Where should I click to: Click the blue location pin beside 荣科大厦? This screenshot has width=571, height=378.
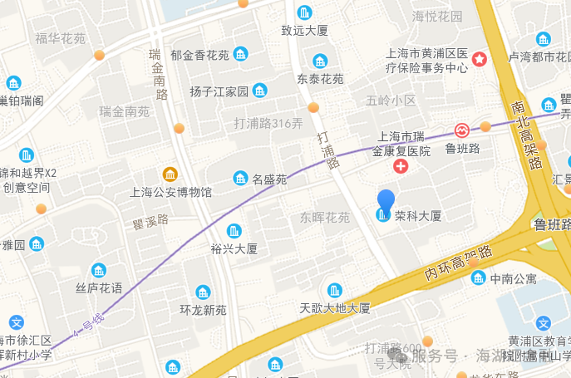pos(386,203)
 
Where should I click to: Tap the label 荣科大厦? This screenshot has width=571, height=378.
pos(418,216)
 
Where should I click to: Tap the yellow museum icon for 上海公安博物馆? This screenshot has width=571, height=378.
pos(170,174)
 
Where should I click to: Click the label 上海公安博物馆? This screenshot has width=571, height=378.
pos(171,192)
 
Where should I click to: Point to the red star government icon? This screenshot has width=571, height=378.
pos(480,59)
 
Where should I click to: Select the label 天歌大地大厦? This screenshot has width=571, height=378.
pos(335,308)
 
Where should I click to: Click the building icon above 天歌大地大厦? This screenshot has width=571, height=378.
pos(334,290)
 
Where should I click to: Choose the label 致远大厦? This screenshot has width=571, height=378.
pos(305,31)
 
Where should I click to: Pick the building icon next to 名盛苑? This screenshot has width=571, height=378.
pos(240,178)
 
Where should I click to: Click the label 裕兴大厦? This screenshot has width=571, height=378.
pos(234,248)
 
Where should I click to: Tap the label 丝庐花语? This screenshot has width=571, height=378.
pos(99,288)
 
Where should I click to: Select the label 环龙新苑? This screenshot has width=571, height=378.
pos(203,310)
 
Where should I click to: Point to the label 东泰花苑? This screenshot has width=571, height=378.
pos(320,79)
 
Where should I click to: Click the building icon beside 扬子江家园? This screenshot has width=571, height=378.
pos(260,91)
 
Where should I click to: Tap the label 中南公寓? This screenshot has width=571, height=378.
pos(514,278)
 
